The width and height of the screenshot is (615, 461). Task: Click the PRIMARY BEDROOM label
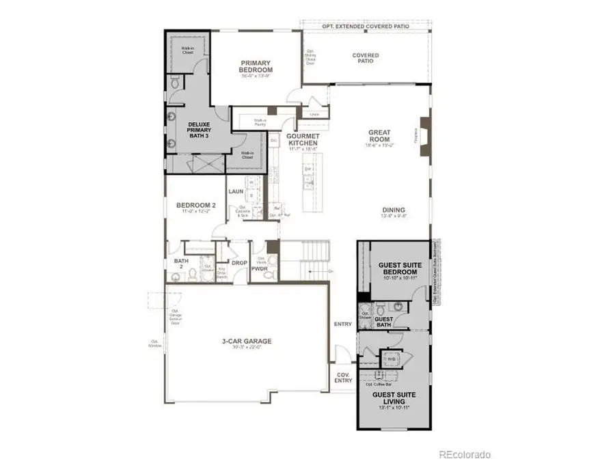[256, 66]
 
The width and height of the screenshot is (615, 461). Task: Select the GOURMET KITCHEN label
[303, 140]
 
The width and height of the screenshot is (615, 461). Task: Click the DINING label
[394, 210]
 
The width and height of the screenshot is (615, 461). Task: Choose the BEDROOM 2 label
[196, 205]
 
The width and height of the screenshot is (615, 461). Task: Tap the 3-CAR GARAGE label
[245, 341]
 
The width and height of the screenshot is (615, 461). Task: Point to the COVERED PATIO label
[366, 58]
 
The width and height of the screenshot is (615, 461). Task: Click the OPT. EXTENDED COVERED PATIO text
[366, 25]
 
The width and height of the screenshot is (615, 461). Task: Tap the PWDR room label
[260, 270]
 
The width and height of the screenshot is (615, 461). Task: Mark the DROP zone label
[239, 263]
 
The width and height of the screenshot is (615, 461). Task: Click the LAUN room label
[236, 192]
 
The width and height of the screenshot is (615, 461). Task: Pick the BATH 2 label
[180, 264]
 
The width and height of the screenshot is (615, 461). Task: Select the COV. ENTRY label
[342, 378]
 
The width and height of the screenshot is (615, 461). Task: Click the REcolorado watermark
[465, 453]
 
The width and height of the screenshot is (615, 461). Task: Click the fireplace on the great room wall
[424, 133]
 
